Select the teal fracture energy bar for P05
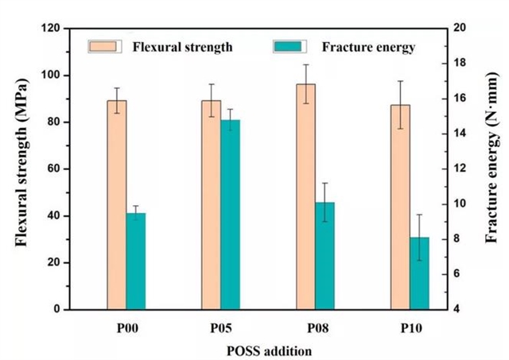[231, 215]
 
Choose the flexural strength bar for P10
[400, 207]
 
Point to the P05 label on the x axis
[221, 328]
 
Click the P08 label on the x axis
[315, 328]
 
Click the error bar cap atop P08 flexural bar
[305, 65]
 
